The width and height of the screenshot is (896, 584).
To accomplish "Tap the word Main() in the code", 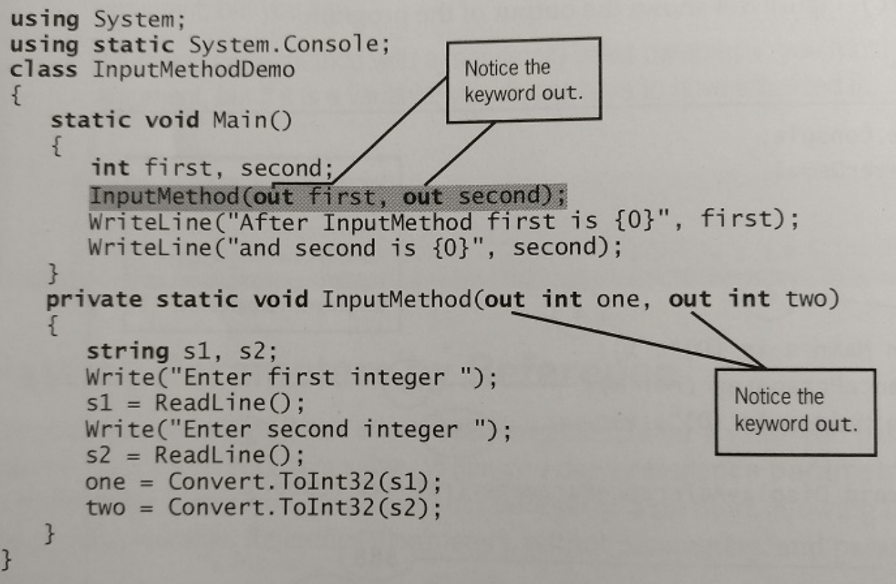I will pos(252,121).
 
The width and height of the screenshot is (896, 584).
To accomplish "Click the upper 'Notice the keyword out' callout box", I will pos(523,80).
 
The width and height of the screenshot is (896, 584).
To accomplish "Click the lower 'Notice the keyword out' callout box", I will pos(795,412).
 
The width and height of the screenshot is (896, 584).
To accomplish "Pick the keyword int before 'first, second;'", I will pos(111,168).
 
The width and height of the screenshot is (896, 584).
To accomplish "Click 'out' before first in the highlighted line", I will pos(273,197).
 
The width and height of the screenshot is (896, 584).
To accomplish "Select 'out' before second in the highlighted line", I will pos(423,197).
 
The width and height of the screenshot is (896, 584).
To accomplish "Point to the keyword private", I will pos(94,300).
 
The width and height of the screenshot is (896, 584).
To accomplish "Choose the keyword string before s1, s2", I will pos(127,352).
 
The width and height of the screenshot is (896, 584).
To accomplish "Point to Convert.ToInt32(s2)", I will pos(304,508).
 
